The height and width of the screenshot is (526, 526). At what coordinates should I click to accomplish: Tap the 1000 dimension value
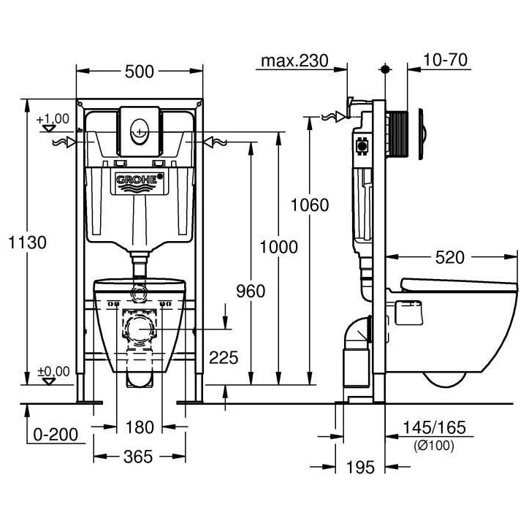point(278,247)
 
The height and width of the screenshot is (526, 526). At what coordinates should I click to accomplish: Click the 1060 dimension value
point(309,205)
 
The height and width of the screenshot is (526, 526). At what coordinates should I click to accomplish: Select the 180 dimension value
point(139,427)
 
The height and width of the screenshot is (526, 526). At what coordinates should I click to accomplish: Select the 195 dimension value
point(362,465)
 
